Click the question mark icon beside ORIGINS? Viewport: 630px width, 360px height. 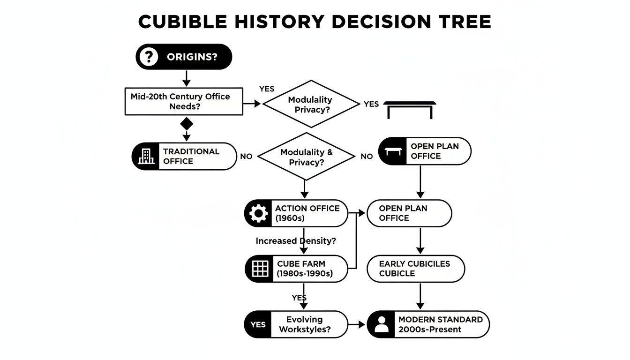tap(149, 57)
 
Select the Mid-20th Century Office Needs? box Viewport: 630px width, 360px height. tap(184, 101)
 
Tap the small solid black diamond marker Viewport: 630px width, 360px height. tap(187, 124)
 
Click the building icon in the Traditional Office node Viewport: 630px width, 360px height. tap(147, 157)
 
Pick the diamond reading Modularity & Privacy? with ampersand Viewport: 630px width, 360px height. tap(307, 157)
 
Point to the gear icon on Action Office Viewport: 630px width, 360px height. tap(258, 214)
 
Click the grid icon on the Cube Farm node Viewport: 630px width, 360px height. tap(260, 269)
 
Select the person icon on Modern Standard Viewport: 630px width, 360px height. tap(382, 324)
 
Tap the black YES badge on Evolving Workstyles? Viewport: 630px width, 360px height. tap(258, 324)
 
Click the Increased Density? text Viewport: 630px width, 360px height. tap(296, 241)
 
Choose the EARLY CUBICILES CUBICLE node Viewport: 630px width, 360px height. tap(415, 269)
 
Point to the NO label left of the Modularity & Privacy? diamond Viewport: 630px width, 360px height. tap(246, 157)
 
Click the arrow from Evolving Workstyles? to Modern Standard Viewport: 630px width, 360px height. tap(357, 324)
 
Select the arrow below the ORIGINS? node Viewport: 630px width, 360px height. tap(187, 77)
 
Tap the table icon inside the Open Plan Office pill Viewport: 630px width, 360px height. tap(394, 151)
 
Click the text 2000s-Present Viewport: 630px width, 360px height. tap(430, 330)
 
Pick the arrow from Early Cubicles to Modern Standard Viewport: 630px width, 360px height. tap(420, 296)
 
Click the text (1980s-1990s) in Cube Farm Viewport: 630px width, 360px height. tap(305, 274)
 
